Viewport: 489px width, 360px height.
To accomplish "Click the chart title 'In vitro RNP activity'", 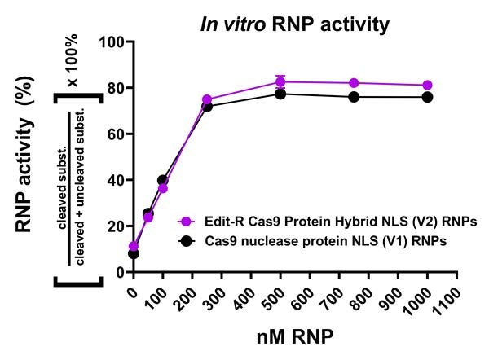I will (x=295, y=24).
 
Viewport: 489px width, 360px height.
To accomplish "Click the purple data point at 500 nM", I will (x=280, y=81).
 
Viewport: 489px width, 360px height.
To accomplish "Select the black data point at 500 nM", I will (x=280, y=94).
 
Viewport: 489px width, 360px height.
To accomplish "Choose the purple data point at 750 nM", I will (x=354, y=83).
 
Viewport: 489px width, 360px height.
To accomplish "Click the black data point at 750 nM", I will (x=354, y=97).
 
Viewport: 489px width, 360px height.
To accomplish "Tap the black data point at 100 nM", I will (x=163, y=180).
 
